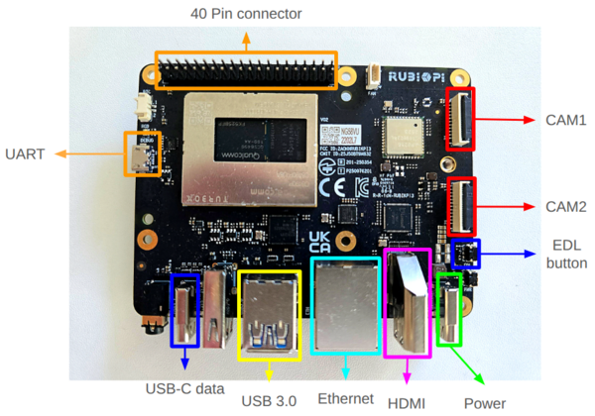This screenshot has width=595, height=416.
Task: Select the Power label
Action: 485,402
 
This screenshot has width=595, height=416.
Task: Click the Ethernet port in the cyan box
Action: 344,307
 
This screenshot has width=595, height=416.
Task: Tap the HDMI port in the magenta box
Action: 407,302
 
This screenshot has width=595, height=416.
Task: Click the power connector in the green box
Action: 449,308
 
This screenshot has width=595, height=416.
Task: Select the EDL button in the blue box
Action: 465,255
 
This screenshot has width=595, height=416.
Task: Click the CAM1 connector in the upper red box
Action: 461,119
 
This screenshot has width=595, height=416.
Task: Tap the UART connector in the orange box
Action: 141,154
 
